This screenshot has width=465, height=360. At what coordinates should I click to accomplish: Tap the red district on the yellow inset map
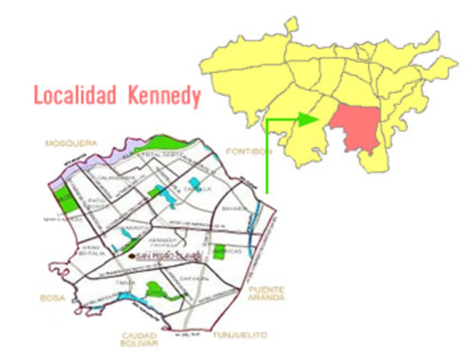point(358,127)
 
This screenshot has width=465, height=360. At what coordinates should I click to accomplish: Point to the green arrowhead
point(308,118)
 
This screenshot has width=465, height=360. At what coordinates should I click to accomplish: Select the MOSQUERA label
point(71,142)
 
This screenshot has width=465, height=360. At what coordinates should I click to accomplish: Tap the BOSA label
point(49,298)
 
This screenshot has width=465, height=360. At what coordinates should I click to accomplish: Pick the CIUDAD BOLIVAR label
point(139,338)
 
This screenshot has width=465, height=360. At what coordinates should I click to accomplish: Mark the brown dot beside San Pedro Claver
point(132,256)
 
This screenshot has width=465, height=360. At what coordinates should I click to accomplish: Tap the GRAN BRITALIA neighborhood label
point(91,249)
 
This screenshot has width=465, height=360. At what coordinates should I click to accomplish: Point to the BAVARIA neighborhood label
point(234,208)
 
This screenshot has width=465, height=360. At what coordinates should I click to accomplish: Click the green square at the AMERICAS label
point(220,252)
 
